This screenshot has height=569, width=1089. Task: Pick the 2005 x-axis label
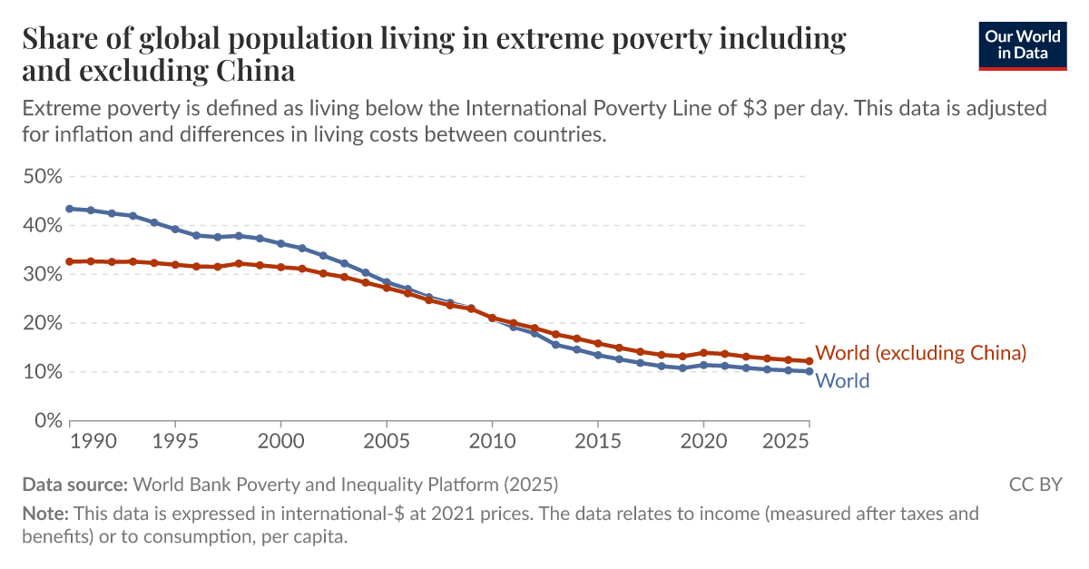point(387,441)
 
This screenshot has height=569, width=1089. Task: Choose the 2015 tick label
point(598,441)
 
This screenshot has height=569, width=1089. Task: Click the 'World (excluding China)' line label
point(921,353)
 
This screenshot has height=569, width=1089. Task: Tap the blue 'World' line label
point(842,381)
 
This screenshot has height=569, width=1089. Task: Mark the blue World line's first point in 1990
point(69,209)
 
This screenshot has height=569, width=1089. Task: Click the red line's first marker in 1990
point(69,261)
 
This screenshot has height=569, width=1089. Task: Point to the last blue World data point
point(809,371)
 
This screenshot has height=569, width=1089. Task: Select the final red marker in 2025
point(809,361)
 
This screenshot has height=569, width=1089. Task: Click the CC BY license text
point(1035,484)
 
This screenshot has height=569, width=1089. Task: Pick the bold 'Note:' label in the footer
point(45,514)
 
